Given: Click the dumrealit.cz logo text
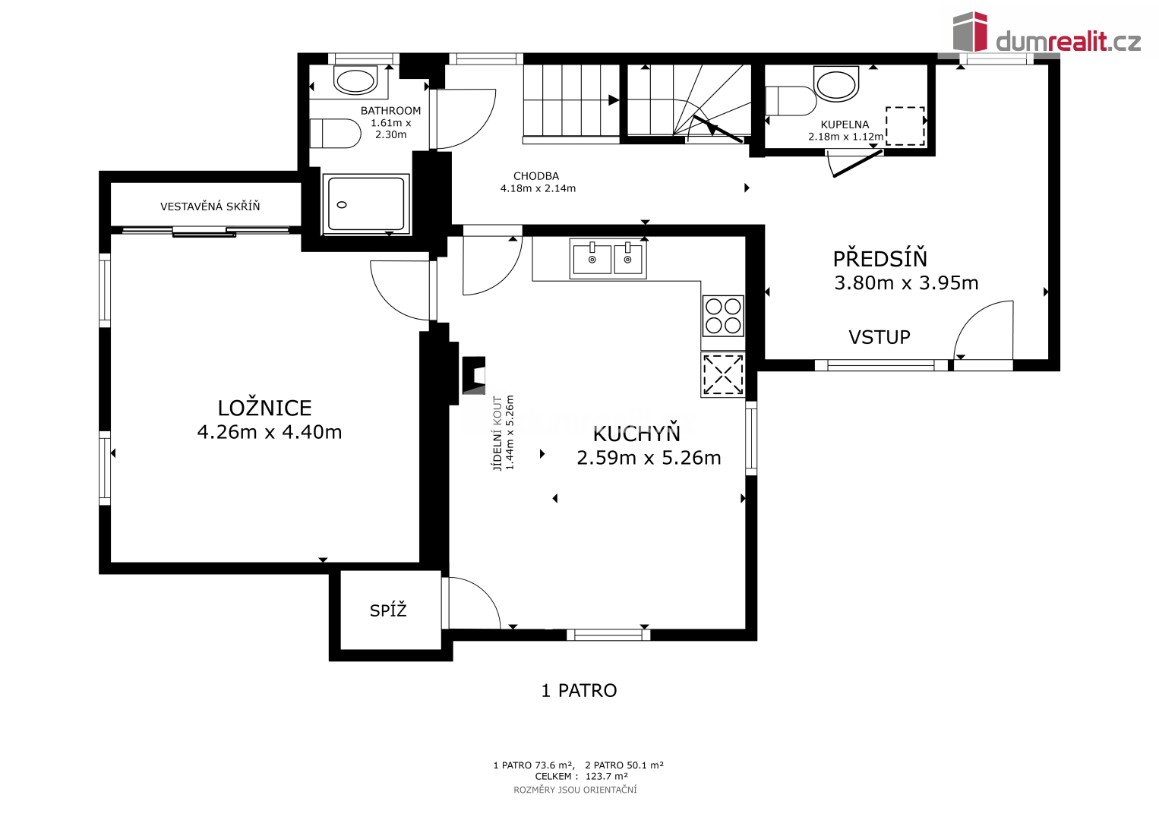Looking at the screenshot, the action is tap(1068, 42).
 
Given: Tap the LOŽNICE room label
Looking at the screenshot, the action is tap(264, 408).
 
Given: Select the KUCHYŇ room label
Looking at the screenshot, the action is tap(636, 433).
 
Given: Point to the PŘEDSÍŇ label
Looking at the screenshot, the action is tap(880, 258).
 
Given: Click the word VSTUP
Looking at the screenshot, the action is tap(879, 337).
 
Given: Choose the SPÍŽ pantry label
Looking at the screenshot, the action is tap(388, 610).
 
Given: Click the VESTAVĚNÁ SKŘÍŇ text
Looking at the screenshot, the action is tap(210, 207).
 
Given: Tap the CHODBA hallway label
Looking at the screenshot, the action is tap(536, 176).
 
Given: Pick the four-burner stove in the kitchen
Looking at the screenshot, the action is tap(723, 316).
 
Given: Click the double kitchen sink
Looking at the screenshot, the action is tap(608, 259).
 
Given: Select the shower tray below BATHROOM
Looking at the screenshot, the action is tap(366, 203).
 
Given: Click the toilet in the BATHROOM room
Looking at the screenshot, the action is tap(335, 134).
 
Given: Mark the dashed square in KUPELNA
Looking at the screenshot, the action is tap(905, 126).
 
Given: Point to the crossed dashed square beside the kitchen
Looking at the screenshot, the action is tap(723, 374).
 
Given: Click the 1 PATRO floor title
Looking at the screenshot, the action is tap(579, 691).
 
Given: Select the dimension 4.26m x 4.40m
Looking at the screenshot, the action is tap(269, 432).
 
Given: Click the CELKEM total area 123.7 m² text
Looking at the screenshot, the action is tap(581, 776).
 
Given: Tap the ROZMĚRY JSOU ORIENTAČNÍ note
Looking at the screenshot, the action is tap(575, 790).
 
